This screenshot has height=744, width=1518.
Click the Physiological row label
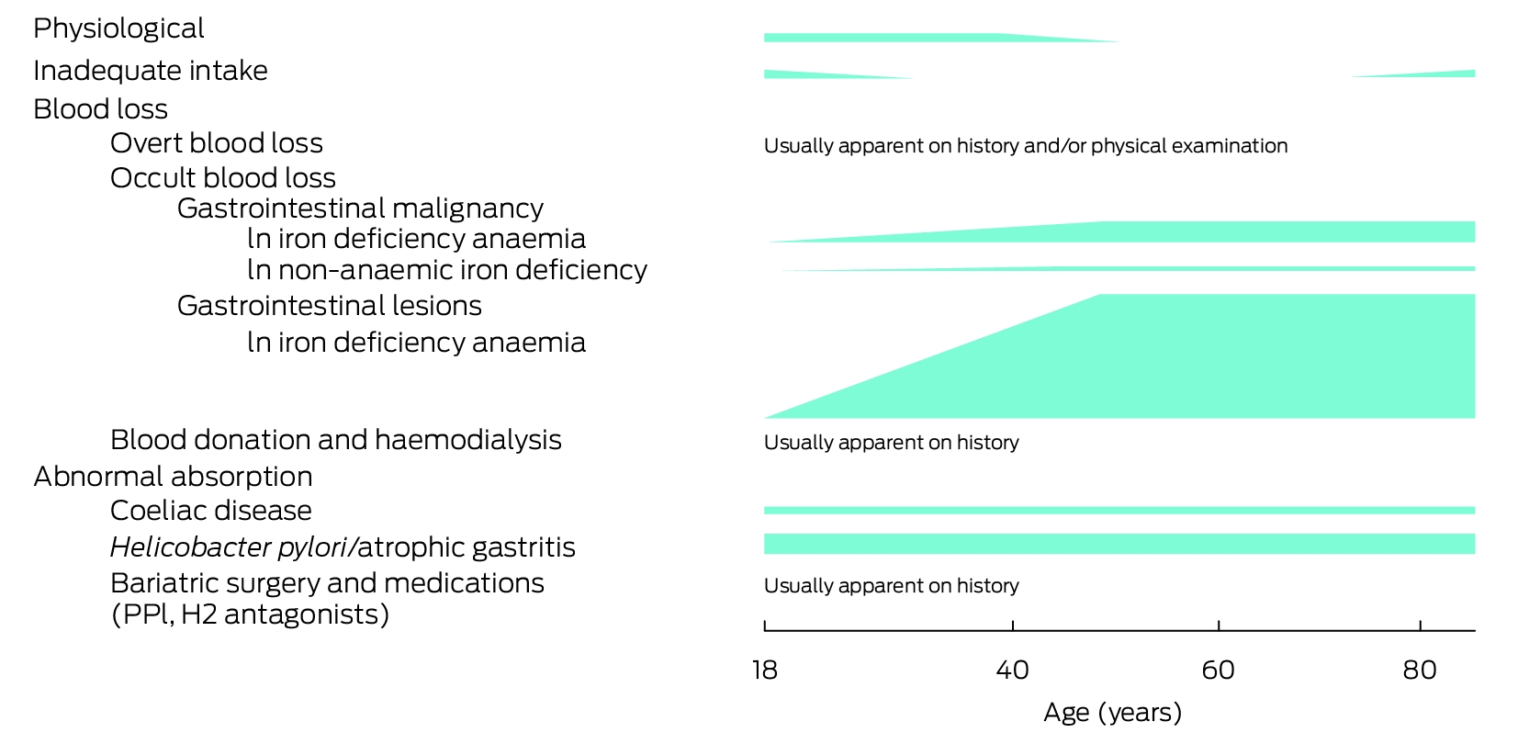118,29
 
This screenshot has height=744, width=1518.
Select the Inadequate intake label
151,71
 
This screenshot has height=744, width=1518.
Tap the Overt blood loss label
216,143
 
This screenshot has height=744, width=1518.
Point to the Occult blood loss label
223,177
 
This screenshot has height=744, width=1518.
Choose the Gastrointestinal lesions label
330,306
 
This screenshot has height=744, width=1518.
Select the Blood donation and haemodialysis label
336,440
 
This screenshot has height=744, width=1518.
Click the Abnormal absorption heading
173,478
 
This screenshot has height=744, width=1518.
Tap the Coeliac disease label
211,510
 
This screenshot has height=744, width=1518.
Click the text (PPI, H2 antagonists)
250,614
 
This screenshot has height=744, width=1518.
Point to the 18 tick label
764,671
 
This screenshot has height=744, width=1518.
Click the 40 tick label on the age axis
1012,671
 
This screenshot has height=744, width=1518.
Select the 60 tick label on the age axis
1218,671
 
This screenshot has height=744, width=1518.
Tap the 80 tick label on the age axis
1420,671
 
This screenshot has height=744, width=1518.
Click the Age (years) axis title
1113,713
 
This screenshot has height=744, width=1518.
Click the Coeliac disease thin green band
1119,510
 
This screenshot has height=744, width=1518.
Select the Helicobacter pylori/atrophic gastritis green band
1119,544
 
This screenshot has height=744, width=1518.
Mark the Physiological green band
942,38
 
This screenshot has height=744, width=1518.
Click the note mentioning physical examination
1026,146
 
